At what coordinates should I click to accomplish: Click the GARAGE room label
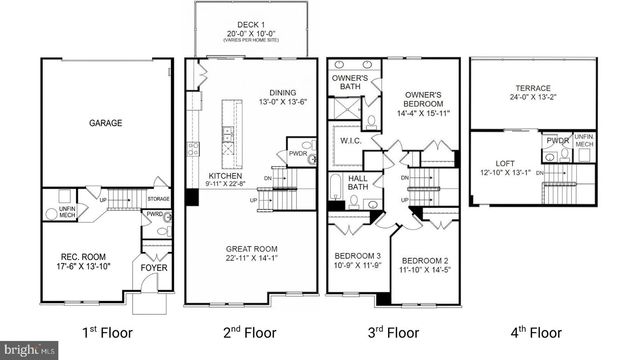pos(106,123)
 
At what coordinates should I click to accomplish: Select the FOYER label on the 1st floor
pos(155,268)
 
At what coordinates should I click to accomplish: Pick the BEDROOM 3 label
pos(356,261)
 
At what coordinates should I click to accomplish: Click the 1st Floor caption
pos(106,332)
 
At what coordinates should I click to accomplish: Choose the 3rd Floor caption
pos(391,332)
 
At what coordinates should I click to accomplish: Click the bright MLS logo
pos(29,350)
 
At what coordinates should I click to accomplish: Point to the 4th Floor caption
pos(533,332)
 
